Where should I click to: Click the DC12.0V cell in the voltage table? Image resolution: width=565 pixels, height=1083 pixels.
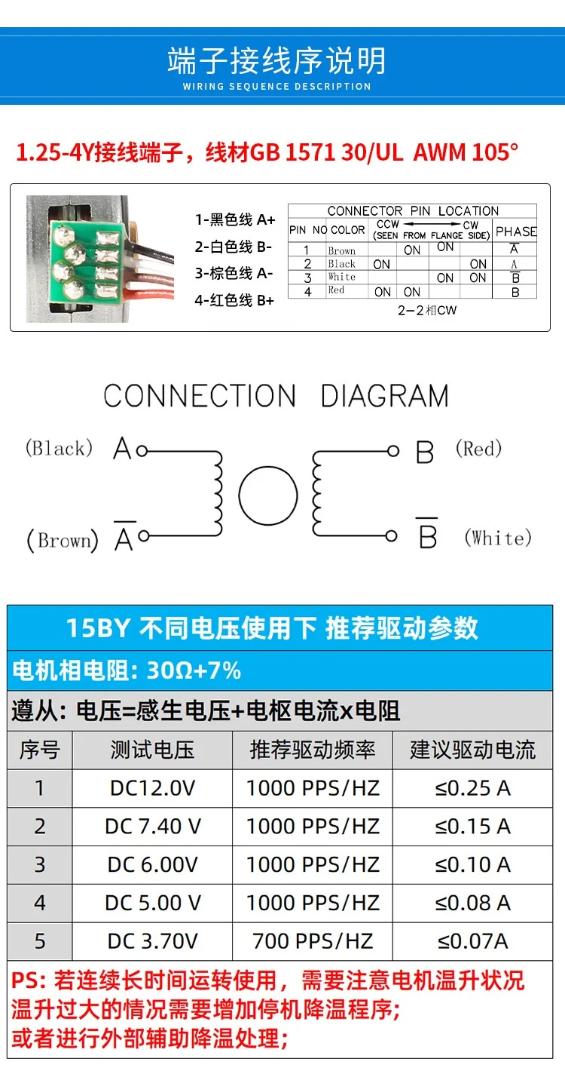152,788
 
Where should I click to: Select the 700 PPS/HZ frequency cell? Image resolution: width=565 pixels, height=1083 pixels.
313,941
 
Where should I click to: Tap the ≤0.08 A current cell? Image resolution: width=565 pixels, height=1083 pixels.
472,903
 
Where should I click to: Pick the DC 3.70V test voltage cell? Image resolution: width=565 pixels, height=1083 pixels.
152,941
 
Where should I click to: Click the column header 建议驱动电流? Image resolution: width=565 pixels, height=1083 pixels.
472,750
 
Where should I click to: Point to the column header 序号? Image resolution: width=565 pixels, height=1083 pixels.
40,750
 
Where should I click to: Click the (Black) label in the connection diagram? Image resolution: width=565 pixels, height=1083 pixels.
59,448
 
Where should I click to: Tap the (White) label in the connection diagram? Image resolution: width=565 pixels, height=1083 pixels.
498,538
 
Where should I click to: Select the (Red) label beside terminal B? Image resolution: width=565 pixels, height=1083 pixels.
478,448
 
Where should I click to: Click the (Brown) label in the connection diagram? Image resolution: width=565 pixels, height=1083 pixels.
63,540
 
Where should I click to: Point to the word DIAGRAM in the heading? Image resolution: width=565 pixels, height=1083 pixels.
385,396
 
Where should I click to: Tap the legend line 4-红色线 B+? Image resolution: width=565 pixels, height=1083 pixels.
234,300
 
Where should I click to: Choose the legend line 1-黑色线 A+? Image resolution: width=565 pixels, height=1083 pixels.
235,219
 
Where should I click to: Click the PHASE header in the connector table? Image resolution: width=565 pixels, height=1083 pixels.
516,232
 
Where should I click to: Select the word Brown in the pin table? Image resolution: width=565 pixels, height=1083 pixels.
341,250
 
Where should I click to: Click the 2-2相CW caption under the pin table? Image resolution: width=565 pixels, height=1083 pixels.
427,311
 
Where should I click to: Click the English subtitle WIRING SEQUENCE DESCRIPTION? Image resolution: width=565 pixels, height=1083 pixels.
276,87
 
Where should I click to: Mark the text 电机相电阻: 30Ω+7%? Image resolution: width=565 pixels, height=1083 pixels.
127,670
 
